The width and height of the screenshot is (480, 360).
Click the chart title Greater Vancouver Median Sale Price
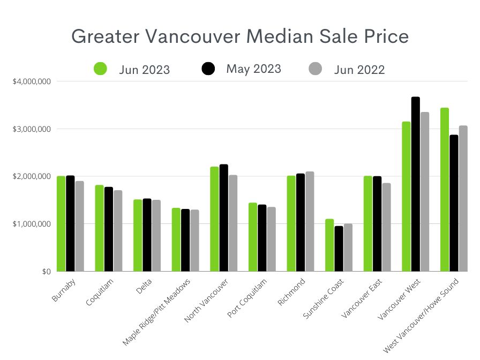tap(240, 36)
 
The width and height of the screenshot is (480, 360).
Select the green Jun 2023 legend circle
tap(100, 69)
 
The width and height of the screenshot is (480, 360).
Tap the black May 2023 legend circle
tap(208, 69)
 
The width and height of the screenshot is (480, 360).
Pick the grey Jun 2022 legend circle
tap(316, 69)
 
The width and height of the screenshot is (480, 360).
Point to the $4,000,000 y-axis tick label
tap(33, 81)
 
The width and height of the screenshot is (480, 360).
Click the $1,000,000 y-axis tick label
tap(33, 224)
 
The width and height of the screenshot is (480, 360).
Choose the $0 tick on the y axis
tap(47, 272)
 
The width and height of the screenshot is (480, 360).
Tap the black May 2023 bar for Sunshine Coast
tap(339, 249)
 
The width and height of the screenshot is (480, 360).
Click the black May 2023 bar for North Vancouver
tap(223, 217)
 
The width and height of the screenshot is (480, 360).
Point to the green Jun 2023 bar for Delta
tap(138, 235)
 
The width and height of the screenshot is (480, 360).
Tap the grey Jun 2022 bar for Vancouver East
tap(387, 227)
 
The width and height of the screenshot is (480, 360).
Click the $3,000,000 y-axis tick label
tap(33, 129)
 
